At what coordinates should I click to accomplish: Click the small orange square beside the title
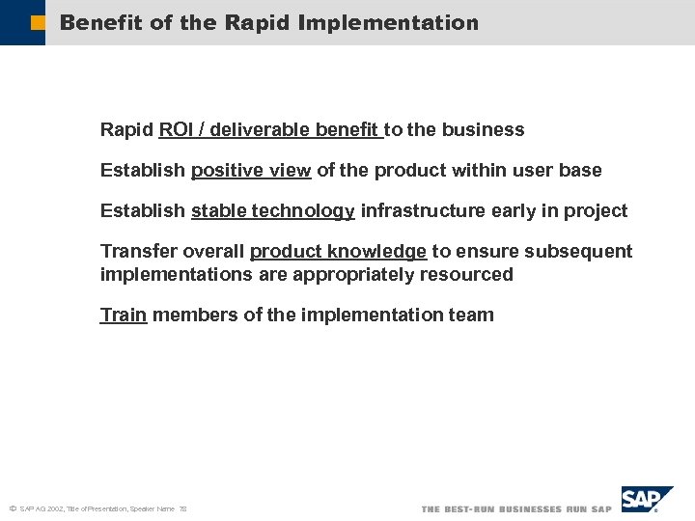38,22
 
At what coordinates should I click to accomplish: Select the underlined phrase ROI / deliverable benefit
271,130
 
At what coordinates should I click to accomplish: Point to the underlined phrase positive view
251,171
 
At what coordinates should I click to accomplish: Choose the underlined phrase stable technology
273,211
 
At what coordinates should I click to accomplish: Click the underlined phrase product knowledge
338,252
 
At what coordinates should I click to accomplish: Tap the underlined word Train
124,315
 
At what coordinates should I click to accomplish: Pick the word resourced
466,275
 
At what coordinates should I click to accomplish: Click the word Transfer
133,252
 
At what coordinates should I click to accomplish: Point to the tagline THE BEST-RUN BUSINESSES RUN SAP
516,508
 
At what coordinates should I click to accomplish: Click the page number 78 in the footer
182,508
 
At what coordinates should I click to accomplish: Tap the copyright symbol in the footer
13,508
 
